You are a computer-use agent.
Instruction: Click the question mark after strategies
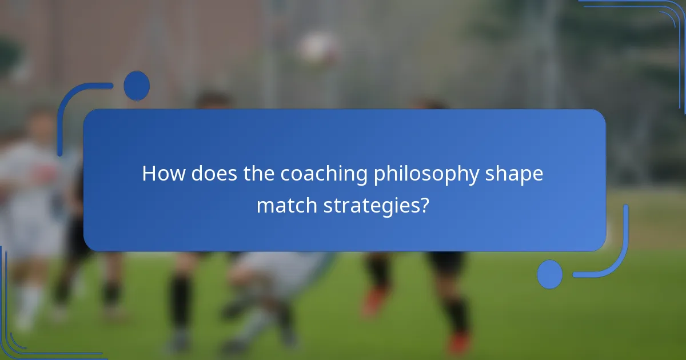click(x=424, y=206)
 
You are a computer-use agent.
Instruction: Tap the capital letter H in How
click(x=149, y=174)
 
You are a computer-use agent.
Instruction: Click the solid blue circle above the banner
click(x=137, y=86)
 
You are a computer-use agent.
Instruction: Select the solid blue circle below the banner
click(x=550, y=274)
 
